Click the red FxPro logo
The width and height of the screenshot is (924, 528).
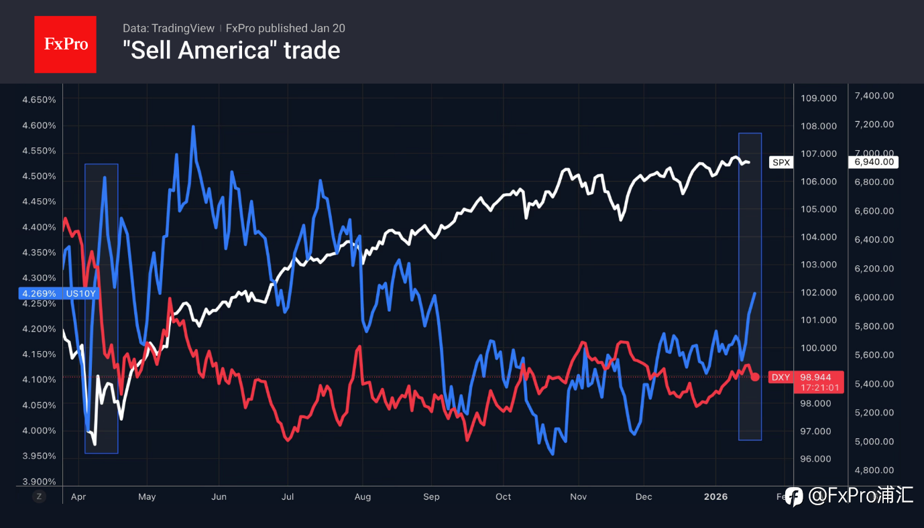click(65, 44)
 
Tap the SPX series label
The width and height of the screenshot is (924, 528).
click(781, 162)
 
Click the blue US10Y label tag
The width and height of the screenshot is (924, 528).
click(59, 293)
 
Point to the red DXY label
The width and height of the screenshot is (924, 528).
click(781, 377)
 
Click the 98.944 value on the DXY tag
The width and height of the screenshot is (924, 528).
click(816, 377)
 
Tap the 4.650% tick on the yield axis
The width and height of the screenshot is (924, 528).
click(39, 100)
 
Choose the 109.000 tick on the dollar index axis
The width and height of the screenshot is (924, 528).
click(819, 98)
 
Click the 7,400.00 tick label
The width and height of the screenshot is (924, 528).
click(874, 96)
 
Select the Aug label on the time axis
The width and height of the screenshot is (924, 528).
click(362, 497)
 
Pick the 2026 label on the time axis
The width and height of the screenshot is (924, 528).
click(715, 497)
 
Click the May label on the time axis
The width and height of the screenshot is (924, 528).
click(147, 497)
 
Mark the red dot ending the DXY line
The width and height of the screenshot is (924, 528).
click(755, 377)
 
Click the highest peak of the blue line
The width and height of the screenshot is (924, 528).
click(193, 127)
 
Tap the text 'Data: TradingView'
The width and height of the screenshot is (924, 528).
click(168, 28)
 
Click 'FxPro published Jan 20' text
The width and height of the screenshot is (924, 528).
click(286, 28)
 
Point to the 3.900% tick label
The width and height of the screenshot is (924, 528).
click(39, 481)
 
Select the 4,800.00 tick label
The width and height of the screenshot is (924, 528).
click(874, 470)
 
